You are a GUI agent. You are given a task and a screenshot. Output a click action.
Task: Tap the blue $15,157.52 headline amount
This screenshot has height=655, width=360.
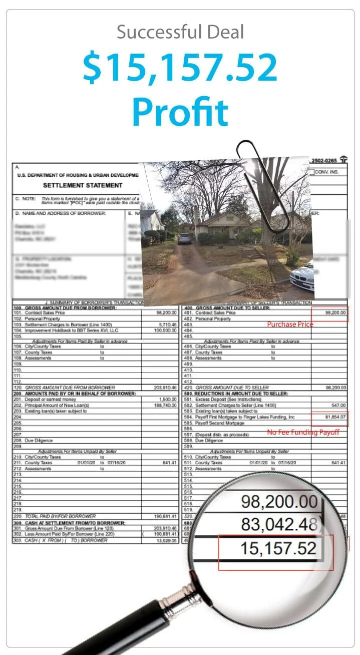[180, 68]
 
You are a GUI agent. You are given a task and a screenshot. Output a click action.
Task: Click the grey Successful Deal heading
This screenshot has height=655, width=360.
[180, 33]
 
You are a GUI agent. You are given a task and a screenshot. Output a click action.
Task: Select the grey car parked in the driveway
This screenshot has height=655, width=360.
[185, 238]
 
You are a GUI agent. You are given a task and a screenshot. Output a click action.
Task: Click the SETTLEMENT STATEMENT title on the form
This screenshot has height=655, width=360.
[83, 185]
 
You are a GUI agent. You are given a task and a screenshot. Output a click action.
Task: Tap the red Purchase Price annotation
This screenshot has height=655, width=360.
[290, 324]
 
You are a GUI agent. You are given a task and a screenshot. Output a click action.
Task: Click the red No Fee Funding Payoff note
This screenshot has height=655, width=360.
[303, 432]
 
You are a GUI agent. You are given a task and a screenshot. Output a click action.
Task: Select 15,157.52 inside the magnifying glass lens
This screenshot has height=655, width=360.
[278, 548]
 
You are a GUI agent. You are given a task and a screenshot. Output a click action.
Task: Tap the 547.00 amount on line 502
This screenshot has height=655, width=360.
[338, 405]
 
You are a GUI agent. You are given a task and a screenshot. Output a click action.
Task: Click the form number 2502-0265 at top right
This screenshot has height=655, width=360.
[324, 161]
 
